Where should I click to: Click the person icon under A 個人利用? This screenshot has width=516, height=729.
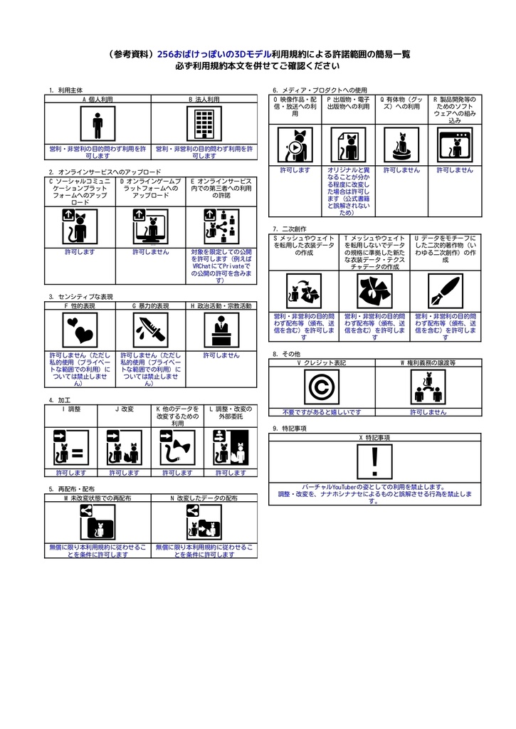point(98,125)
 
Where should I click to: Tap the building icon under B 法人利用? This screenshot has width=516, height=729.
point(204,125)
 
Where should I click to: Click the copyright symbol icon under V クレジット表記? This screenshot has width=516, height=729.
point(321,387)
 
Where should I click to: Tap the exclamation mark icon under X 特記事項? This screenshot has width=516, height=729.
point(374,461)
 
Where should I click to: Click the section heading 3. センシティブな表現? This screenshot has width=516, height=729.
point(80,296)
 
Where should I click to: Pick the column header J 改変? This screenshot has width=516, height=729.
point(125,409)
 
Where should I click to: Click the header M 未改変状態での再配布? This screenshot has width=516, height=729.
point(98,498)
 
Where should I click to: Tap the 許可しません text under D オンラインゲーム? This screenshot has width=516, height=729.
point(151,251)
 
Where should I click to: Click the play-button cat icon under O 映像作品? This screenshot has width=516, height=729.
point(295,145)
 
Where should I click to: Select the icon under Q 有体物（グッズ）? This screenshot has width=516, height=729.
point(401,145)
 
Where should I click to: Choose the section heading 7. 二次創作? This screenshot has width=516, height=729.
point(290,229)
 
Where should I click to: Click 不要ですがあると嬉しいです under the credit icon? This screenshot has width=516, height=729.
point(321,411)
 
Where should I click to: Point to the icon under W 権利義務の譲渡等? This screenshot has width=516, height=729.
point(428,387)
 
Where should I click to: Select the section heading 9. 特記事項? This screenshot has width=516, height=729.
point(290,429)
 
